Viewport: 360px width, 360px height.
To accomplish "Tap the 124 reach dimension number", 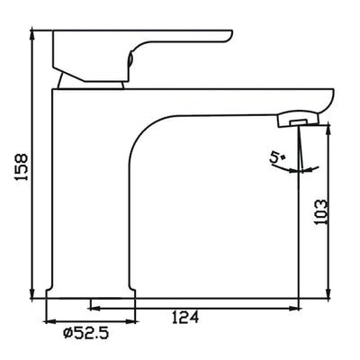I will (x=184, y=316).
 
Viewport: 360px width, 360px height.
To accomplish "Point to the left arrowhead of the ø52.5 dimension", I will (x=50, y=321).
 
